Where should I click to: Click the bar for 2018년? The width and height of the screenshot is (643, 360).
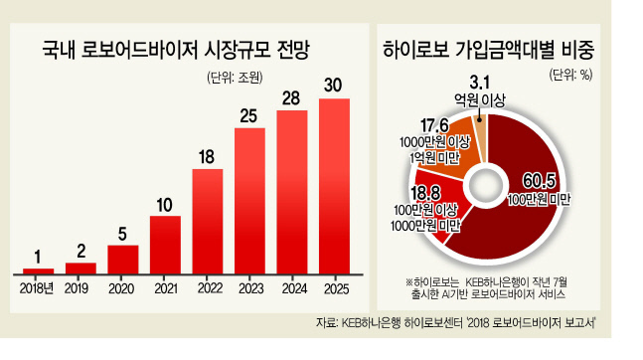[38, 270]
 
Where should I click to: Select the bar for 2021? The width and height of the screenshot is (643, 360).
[165, 245]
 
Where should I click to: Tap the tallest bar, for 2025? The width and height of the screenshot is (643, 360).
[334, 186]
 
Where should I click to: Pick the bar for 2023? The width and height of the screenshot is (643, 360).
[249, 201]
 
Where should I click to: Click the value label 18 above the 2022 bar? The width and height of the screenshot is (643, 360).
[207, 157]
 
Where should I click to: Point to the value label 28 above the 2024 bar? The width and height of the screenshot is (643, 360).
[291, 98]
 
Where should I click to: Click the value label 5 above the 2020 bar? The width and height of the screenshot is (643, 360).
[122, 234]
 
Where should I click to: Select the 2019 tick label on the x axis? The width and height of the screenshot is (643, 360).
[77, 288]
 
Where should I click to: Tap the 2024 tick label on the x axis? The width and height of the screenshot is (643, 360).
[294, 288]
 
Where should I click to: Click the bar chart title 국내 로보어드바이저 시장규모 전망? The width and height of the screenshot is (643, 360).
[176, 50]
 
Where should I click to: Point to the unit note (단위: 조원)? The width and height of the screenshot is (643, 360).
[235, 78]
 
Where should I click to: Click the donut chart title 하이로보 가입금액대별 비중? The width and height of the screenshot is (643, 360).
[488, 50]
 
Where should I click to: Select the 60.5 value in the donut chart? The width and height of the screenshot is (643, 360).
[539, 181]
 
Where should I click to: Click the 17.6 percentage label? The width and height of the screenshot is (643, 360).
[434, 126]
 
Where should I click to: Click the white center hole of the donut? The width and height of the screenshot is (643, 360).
[486, 187]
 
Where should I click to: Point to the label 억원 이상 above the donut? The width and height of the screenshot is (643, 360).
[479, 100]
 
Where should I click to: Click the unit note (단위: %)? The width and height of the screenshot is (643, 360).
[570, 75]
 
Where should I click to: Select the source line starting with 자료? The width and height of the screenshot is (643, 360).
[455, 322]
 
